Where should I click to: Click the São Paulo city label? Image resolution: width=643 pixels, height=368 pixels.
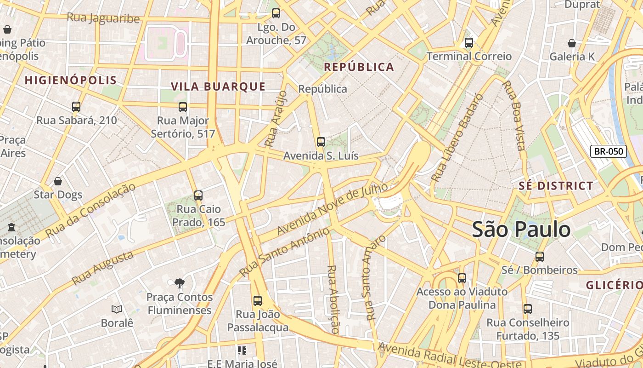pyautogui.click(x=521, y=229)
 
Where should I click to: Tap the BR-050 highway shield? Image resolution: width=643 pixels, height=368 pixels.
pyautogui.click(x=609, y=151)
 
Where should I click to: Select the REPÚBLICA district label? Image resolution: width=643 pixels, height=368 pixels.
pyautogui.click(x=359, y=67)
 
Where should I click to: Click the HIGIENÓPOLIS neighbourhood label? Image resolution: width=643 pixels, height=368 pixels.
pyautogui.click(x=71, y=80)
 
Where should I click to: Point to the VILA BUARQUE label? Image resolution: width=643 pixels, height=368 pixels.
pyautogui.click(x=218, y=86)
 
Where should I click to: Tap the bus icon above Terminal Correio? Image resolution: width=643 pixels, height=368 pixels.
pyautogui.click(x=468, y=43)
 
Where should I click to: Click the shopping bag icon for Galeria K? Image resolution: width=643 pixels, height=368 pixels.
pyautogui.click(x=572, y=43)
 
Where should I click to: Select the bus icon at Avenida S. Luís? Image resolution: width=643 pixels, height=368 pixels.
pyautogui.click(x=321, y=142)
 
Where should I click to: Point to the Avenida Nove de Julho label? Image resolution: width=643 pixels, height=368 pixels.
pyautogui.click(x=333, y=209)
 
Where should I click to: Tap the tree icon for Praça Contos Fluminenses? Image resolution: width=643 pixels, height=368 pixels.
pyautogui.click(x=180, y=283)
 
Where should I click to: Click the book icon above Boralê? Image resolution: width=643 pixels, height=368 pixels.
pyautogui.click(x=117, y=309)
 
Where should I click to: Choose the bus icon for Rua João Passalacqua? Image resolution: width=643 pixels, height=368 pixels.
pyautogui.click(x=258, y=301)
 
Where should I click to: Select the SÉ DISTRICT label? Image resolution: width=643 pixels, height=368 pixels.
pyautogui.click(x=556, y=186)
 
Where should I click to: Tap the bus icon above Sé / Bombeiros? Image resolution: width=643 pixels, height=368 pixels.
pyautogui.click(x=540, y=256)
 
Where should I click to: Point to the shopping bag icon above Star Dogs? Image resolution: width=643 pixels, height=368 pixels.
pyautogui.click(x=58, y=181)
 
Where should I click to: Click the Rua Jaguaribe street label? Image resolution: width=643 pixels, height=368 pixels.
pyautogui.click(x=103, y=18)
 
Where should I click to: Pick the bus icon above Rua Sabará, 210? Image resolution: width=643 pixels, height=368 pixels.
pyautogui.click(x=76, y=107)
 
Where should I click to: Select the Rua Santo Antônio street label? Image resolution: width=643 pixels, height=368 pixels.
pyautogui.click(x=284, y=252)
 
